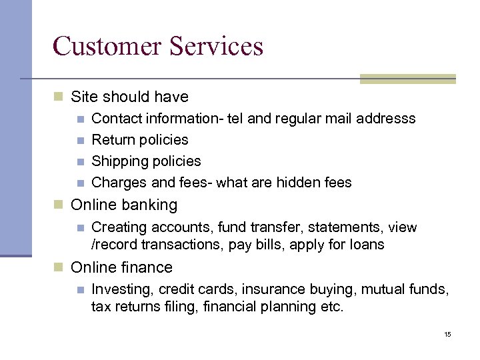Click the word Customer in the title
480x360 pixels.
105,46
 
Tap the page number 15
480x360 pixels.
447,334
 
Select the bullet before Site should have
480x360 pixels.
58,97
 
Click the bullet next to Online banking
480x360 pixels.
58,205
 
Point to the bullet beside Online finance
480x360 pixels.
58,268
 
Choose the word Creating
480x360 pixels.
117,227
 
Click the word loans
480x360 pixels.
367,245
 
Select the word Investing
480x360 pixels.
117,289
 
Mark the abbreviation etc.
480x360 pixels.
331,307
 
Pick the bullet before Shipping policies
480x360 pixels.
79,162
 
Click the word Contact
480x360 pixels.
114,119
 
